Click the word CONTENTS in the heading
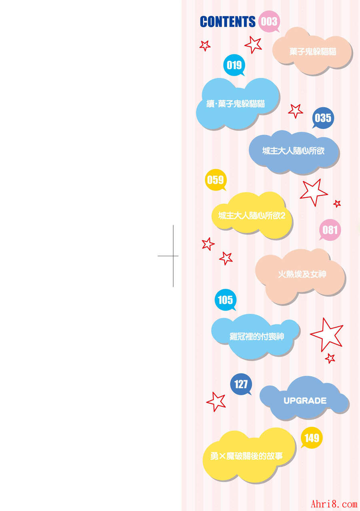(228, 22)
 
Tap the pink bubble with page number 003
(269, 22)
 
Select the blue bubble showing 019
(234, 65)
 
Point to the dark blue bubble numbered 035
(323, 118)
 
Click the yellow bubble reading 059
(216, 180)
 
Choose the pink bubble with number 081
(330, 230)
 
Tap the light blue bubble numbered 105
(226, 300)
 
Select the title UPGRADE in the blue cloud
(305, 401)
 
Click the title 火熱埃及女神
(302, 274)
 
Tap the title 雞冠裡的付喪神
(257, 337)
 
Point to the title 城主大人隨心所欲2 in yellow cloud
(252, 215)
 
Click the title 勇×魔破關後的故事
(246, 456)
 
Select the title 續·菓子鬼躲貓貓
(235, 104)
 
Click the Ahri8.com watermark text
(334, 503)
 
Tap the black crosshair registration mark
(173, 256)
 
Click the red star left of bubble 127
(216, 402)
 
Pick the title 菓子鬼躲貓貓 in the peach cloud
(312, 52)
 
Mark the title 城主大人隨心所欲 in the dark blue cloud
(293, 151)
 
